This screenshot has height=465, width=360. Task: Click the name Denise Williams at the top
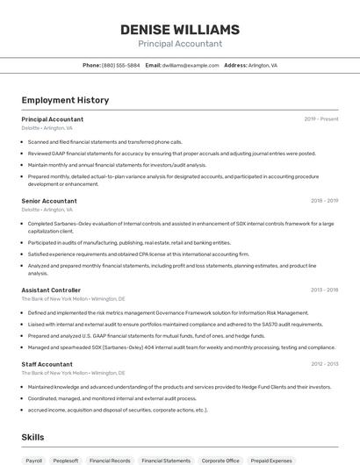point(179,29)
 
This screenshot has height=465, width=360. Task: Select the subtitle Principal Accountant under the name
point(179,44)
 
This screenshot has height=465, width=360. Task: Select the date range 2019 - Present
point(321,119)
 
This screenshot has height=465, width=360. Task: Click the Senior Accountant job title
point(49,201)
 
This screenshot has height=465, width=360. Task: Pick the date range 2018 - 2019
point(324,201)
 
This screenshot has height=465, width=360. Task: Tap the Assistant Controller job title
point(51,290)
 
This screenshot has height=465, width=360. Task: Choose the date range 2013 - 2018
point(324,290)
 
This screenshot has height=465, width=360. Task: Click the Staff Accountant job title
point(47,364)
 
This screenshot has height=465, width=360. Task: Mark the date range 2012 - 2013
point(324,364)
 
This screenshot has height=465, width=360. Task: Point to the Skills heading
point(32,437)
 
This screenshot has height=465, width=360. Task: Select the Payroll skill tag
point(34,460)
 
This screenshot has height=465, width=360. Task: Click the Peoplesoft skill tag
point(66,460)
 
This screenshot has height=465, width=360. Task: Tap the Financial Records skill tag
point(110,460)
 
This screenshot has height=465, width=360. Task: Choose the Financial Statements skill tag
point(166,460)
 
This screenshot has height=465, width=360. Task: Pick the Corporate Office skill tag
point(220,460)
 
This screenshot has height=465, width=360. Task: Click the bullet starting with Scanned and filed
point(104,141)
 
